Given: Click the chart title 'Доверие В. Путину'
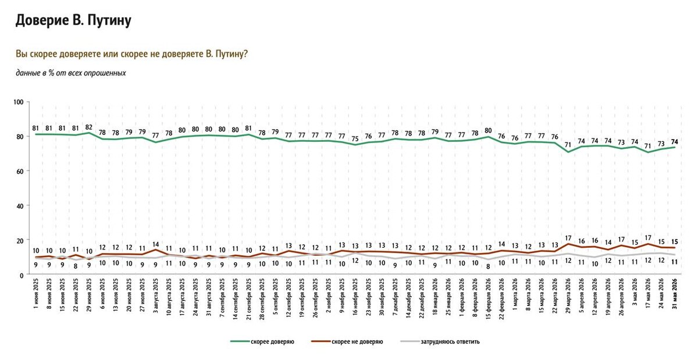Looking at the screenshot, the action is [73, 20].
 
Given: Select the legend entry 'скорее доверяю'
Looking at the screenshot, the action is [262, 341].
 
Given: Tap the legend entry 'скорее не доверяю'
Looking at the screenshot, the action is [347, 341].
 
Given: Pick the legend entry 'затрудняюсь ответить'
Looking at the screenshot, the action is [440, 341].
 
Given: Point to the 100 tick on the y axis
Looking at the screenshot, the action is [19, 102].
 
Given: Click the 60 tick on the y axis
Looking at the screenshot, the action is [20, 172].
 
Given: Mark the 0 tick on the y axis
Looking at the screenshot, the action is [22, 276].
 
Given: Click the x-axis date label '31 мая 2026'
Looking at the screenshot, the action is [675, 294].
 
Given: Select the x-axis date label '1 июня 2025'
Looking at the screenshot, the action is [36, 294].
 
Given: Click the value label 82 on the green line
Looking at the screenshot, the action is [89, 127].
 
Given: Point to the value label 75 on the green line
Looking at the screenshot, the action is [355, 139].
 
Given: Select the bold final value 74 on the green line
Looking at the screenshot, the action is [675, 141].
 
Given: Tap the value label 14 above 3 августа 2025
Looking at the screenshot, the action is [156, 244].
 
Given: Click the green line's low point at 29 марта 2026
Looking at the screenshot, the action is [568, 152].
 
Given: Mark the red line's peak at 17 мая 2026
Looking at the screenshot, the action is [648, 244].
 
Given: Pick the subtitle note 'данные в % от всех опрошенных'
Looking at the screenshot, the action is [71, 73].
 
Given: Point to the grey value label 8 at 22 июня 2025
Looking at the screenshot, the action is [76, 266].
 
